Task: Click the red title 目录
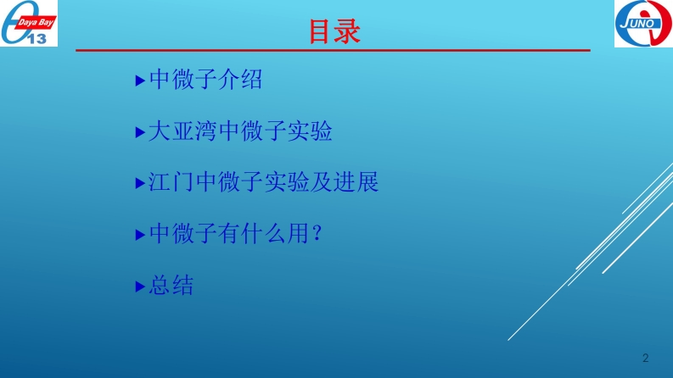point(334,31)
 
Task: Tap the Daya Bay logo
point(29,23)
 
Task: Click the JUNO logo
point(643,24)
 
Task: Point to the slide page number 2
point(645,359)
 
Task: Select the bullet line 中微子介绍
point(205,80)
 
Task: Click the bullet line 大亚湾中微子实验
point(240,131)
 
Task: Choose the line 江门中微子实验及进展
point(263,181)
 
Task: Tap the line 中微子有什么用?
point(235,234)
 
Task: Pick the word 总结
point(171,285)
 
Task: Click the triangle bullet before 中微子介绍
point(140,81)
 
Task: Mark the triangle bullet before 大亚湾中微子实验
point(140,132)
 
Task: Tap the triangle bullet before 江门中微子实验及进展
point(140,183)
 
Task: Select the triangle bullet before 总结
point(140,286)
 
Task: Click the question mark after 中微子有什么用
point(317,234)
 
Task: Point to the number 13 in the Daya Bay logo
point(36,39)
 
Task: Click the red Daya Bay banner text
point(35,22)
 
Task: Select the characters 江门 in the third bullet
point(171,181)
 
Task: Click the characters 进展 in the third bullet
point(356,181)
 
